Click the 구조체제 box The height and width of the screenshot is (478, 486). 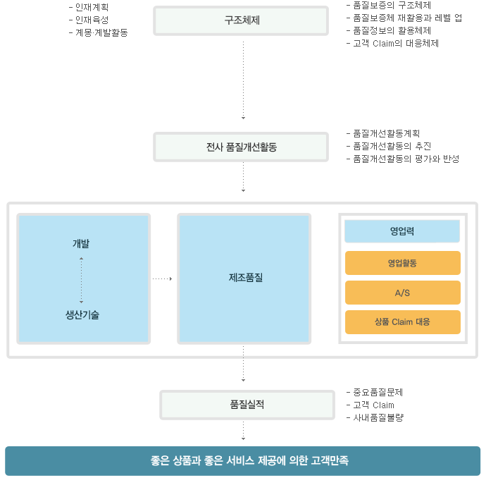click(241, 20)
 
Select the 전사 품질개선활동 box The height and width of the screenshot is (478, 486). click(241, 147)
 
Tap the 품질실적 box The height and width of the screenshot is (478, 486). click(247, 405)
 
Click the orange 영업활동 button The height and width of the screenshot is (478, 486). click(403, 263)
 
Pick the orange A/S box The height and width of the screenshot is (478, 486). click(403, 293)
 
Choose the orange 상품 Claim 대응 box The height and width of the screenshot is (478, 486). click(403, 322)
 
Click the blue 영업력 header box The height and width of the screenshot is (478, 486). click(402, 231)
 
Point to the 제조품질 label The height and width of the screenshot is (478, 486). click(246, 277)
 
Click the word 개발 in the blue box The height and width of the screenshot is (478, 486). click(81, 243)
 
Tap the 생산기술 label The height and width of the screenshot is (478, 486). click(82, 315)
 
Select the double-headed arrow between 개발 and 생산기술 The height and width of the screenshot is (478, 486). click(81, 280)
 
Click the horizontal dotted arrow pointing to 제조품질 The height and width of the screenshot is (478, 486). click(162, 279)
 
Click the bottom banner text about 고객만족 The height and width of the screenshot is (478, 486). click(249, 460)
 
